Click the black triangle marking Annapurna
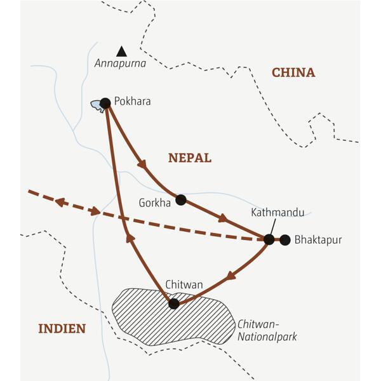tap(121, 51)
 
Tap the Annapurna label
tap(120, 63)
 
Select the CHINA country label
tap(293, 72)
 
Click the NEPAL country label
tap(189, 158)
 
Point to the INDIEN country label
tap(62, 328)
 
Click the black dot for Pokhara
tap(105, 103)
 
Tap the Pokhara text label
tap(133, 101)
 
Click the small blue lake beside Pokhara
tap(97, 105)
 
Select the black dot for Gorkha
tap(180, 200)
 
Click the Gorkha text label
tap(154, 203)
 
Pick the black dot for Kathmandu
tap(269, 239)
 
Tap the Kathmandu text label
tap(277, 212)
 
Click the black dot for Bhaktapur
tap(285, 239)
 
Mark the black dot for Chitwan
tap(173, 304)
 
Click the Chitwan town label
tap(184, 285)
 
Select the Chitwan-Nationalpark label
tap(266, 330)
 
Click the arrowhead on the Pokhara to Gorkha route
tap(143, 164)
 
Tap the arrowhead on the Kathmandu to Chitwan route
tap(231, 276)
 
